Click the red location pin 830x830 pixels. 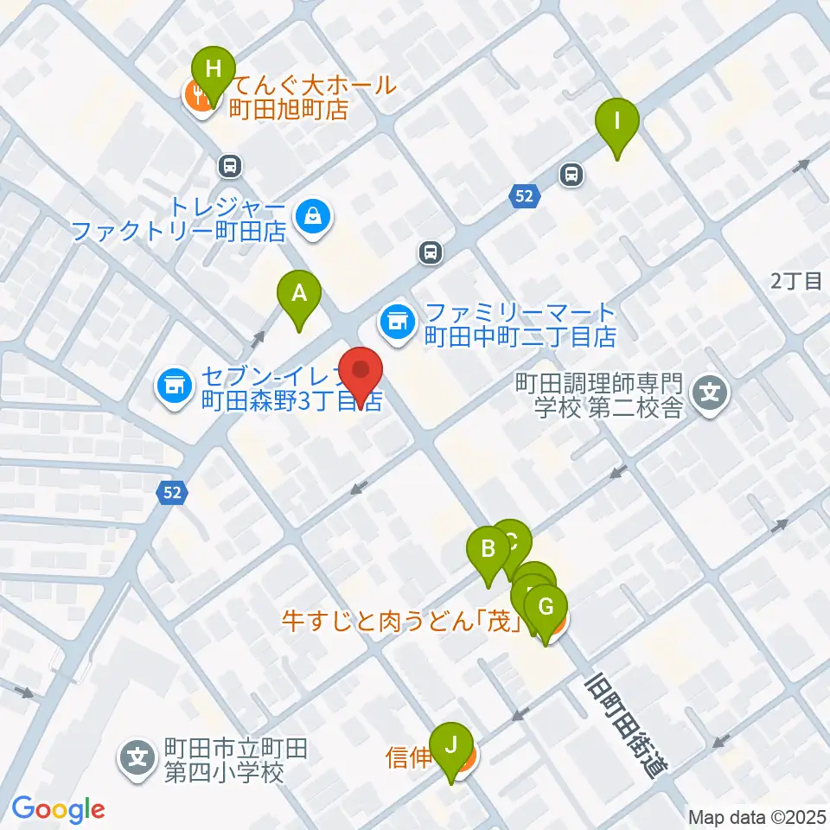pos(361,374)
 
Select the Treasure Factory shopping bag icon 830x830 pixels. pos(310,218)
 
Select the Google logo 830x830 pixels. pos(58,808)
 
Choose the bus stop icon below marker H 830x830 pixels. pos(230,165)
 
